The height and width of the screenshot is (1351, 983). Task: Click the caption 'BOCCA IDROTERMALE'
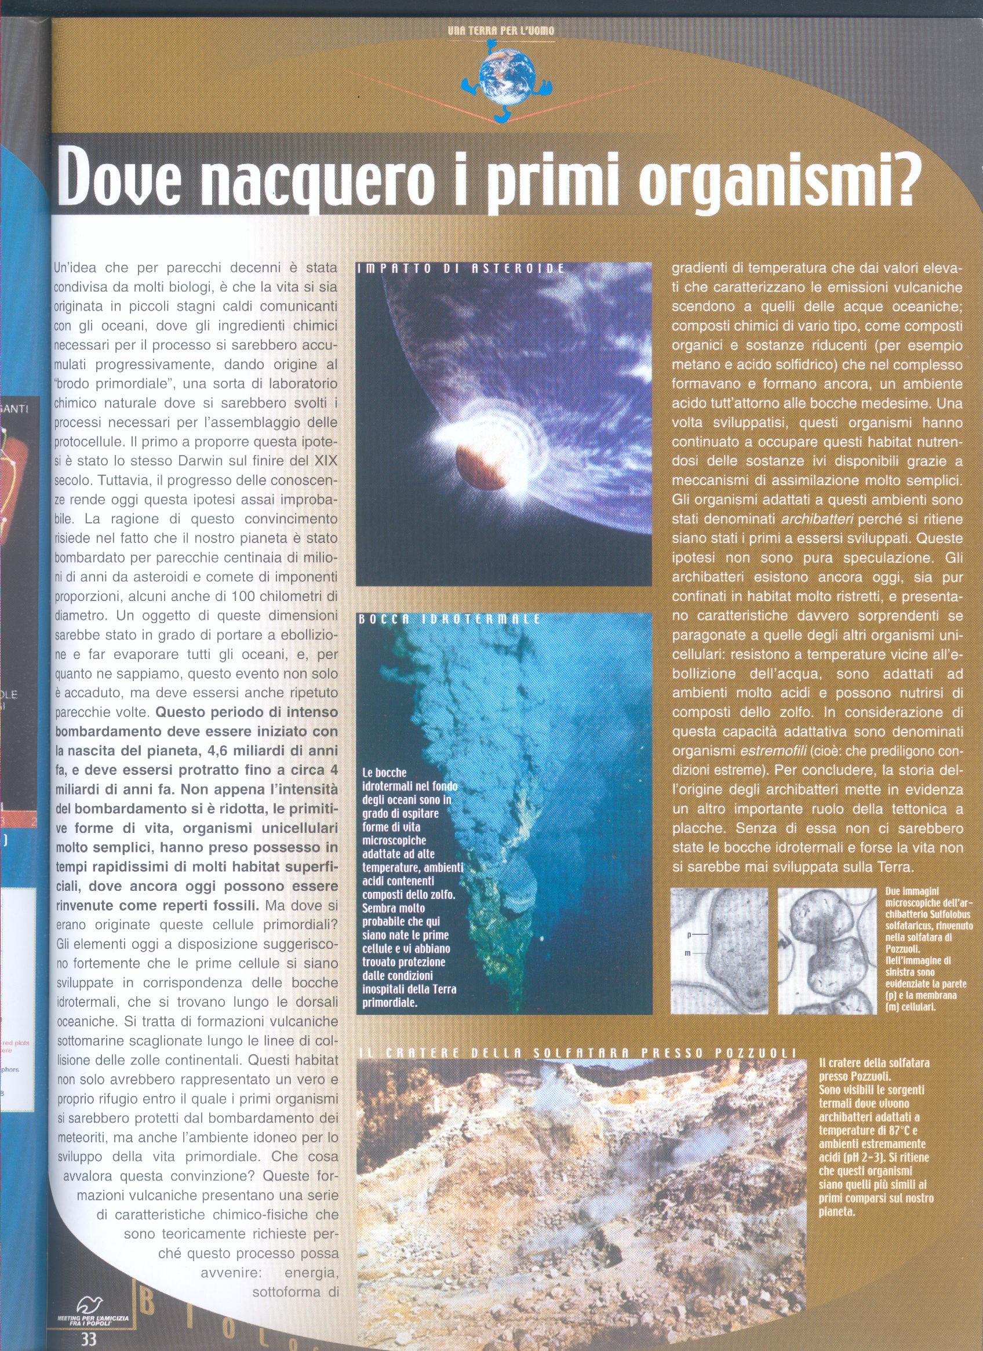tap(450, 619)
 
